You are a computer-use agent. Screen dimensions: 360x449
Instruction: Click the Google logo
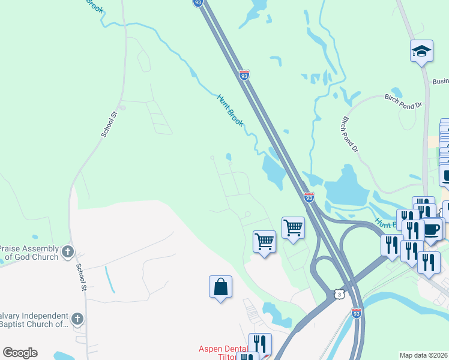point(20,353)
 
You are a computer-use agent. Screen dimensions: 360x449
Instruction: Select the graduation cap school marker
point(421,51)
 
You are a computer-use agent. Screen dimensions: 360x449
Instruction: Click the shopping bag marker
point(220,287)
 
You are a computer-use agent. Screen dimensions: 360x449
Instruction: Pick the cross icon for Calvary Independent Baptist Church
point(77,319)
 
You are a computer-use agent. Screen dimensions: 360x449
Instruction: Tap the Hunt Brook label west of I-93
point(230,110)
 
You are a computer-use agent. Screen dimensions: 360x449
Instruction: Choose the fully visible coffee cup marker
point(432,230)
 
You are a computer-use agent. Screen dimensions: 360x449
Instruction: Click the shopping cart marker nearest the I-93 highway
point(293,228)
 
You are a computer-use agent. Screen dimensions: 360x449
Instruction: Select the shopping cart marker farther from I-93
point(264,242)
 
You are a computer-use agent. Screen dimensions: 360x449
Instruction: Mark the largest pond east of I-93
point(346,187)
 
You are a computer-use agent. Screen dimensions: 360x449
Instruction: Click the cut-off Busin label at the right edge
point(440,82)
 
